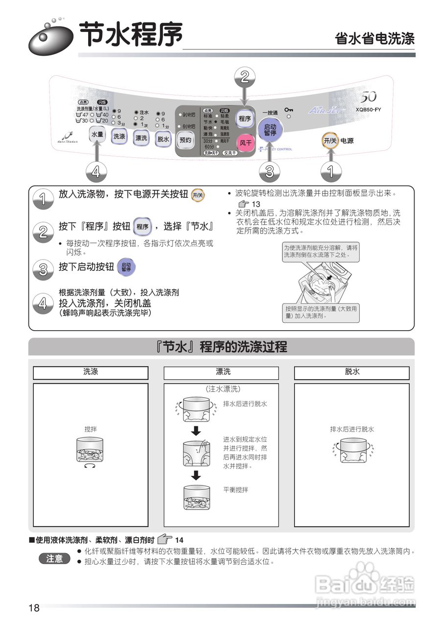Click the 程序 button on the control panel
[244, 119]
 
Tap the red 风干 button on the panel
[245, 143]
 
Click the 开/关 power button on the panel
[330, 141]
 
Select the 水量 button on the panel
[97, 134]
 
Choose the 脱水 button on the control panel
[163, 139]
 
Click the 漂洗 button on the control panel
[141, 138]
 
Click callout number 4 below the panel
[96, 171]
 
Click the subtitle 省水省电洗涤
[374, 39]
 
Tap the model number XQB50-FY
[368, 110]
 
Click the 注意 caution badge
[55, 558]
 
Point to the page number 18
[34, 608]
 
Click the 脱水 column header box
[351, 372]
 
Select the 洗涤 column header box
[91, 372]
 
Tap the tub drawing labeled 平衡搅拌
[197, 499]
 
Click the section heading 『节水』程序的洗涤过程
[221, 347]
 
